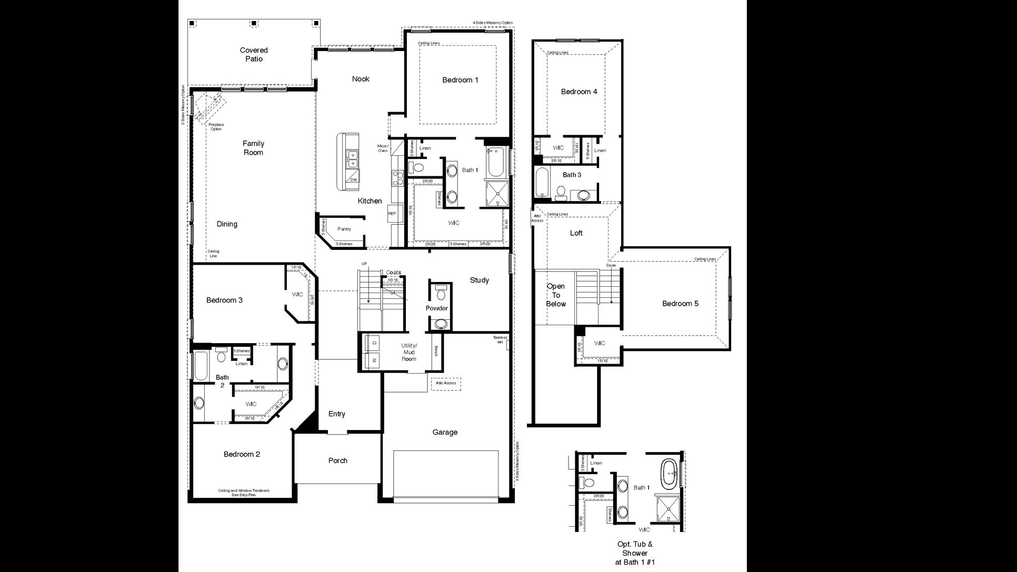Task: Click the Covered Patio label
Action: (x=254, y=55)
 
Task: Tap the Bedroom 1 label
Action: (x=460, y=80)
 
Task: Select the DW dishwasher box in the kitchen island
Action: (x=354, y=180)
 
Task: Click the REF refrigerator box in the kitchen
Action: (x=392, y=214)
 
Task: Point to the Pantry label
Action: (x=344, y=229)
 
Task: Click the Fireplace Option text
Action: (x=216, y=127)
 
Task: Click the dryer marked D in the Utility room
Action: (x=374, y=343)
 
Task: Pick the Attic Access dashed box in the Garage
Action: (x=446, y=384)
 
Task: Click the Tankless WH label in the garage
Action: (x=500, y=340)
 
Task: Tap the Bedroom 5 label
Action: (x=680, y=304)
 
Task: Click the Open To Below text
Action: (x=555, y=295)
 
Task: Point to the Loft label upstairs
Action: (x=576, y=233)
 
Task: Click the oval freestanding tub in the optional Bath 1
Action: (x=670, y=474)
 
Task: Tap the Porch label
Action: (x=337, y=461)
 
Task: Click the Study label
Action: (x=479, y=280)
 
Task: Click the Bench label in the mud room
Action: (x=436, y=351)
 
